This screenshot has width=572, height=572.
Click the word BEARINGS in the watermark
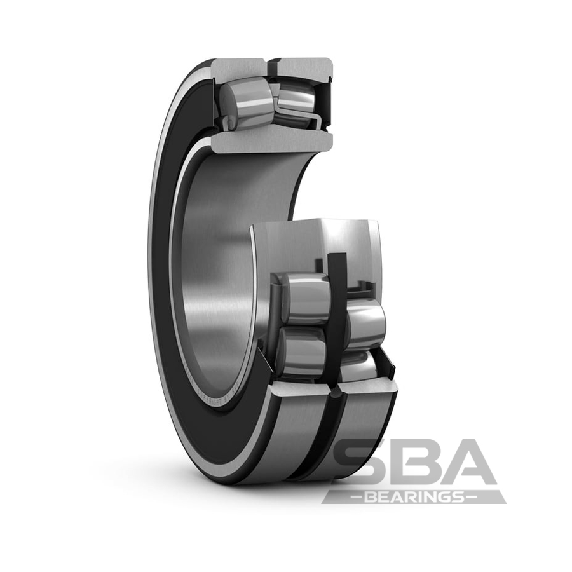[414, 496]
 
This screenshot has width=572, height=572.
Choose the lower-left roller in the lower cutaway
[302, 353]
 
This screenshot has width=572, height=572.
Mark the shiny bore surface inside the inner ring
[216, 267]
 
